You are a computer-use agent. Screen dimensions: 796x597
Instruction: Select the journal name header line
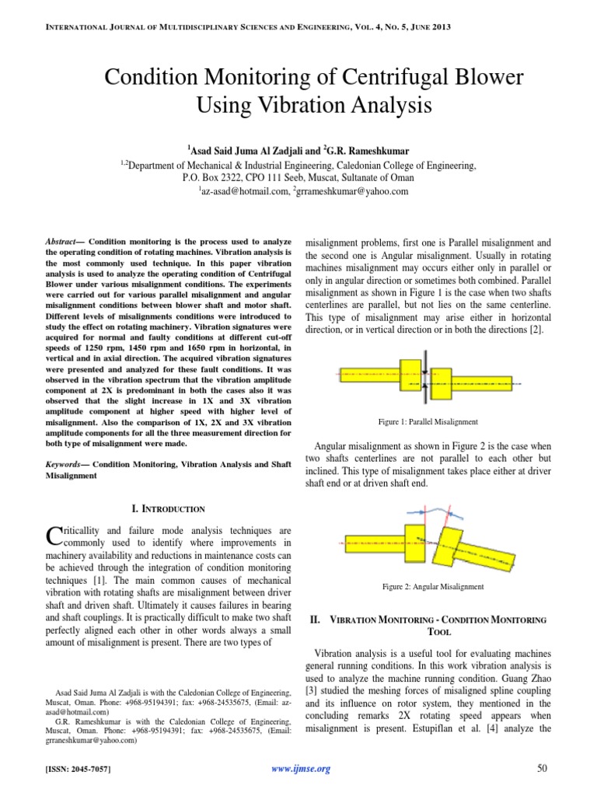pos(298,29)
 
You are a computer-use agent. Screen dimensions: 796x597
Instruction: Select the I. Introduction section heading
pos(168,509)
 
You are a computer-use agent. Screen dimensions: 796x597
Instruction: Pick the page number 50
pos(542,769)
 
